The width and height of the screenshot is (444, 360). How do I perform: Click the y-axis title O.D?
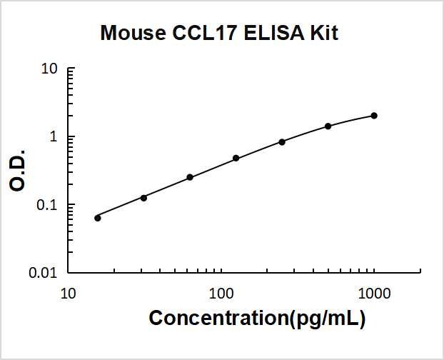(19, 170)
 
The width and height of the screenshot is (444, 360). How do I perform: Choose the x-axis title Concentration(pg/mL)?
(257, 319)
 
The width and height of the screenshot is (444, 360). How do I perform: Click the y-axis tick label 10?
(49, 69)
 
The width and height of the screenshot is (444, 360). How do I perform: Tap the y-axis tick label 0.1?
(47, 205)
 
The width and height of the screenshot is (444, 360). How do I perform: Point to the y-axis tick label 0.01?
(44, 273)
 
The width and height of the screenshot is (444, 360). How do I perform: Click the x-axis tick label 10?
(69, 294)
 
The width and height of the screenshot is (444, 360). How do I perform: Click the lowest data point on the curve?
(98, 218)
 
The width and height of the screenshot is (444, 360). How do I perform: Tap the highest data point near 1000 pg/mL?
(374, 116)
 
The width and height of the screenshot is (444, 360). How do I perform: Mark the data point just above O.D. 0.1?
(143, 197)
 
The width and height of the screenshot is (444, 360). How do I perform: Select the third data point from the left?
(190, 177)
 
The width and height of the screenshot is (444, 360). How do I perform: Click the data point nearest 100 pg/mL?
(236, 158)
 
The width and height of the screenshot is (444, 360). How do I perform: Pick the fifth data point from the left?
(282, 141)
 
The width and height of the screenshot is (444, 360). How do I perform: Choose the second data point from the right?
(328, 126)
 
